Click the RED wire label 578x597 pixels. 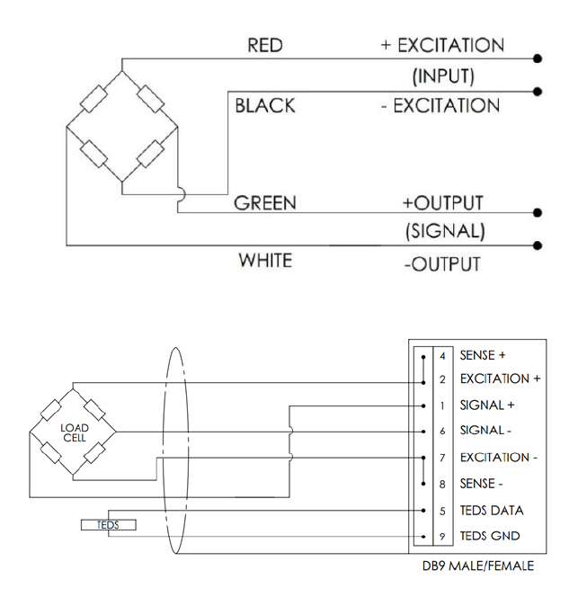(x=265, y=45)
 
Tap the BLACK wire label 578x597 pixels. (x=265, y=105)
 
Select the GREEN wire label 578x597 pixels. (x=265, y=203)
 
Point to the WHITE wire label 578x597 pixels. (x=265, y=261)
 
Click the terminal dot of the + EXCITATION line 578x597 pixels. (x=538, y=58)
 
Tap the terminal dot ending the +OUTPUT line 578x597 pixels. (x=538, y=212)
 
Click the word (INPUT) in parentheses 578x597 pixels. (x=443, y=76)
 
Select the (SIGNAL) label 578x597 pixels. (x=445, y=231)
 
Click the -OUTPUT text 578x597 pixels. (x=442, y=264)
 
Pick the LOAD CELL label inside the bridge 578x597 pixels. (x=75, y=432)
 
